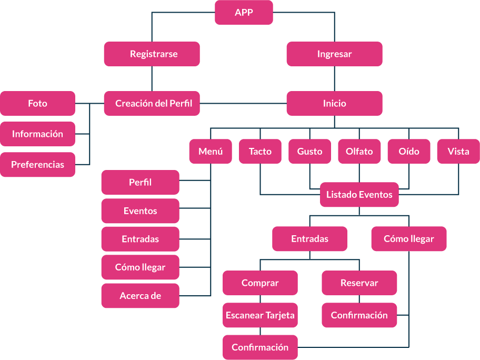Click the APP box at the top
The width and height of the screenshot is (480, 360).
[x=244, y=13]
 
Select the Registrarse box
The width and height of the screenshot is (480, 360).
[x=152, y=54]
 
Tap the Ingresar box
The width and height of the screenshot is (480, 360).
[x=334, y=54]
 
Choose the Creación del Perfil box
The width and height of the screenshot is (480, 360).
[x=152, y=104]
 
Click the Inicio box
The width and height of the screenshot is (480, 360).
[x=334, y=104]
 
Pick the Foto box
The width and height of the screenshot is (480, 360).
[x=37, y=104]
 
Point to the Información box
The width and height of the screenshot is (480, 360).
[x=37, y=134]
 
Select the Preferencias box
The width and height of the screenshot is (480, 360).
[x=37, y=165]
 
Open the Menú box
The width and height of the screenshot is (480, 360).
[x=211, y=152]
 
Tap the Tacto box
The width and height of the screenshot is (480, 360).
[x=260, y=152]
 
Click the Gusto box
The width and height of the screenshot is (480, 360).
[x=309, y=152]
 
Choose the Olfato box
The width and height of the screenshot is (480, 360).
[x=359, y=152]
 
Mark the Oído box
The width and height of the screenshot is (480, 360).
[x=409, y=152]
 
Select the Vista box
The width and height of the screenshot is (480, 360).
[x=458, y=152]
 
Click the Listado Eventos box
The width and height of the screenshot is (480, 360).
[x=359, y=195]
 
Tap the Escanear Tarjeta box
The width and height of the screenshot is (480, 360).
[x=260, y=316]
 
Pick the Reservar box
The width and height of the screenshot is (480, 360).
[x=359, y=283]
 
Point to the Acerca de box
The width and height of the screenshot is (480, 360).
[x=140, y=296]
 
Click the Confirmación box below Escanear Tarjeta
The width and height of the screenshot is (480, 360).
[x=260, y=347]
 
